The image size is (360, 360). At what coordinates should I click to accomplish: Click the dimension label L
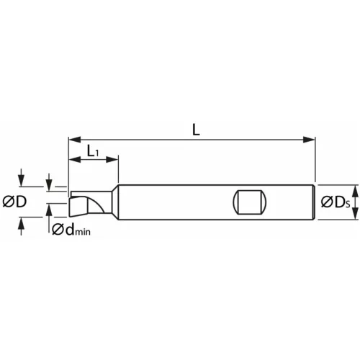[x=196, y=130]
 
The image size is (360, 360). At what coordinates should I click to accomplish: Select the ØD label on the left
[x=14, y=202]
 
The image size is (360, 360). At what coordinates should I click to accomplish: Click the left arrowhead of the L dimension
[x=73, y=138]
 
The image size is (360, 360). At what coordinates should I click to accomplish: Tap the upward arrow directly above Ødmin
[x=49, y=208]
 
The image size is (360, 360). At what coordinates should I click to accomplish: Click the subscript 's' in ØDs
[x=347, y=204]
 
